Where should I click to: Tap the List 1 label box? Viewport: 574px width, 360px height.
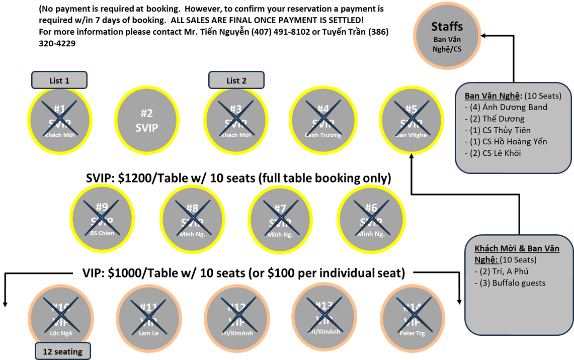(x=59, y=80)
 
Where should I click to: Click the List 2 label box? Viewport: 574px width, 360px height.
(x=236, y=80)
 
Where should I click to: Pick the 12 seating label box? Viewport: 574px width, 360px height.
(x=63, y=351)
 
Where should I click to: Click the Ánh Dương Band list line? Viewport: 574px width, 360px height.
(x=508, y=107)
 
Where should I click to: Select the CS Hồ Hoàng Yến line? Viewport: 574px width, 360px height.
(x=508, y=141)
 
